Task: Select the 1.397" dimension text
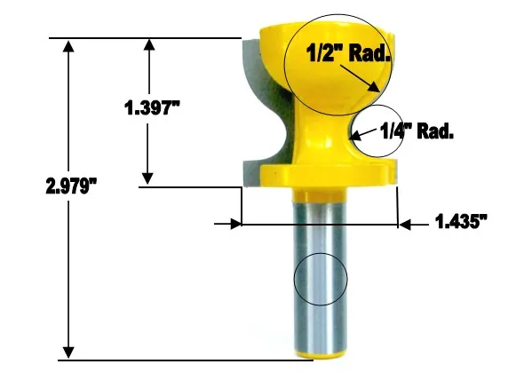tap(152, 109)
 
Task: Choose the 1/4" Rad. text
tap(417, 131)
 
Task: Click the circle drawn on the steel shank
tap(321, 279)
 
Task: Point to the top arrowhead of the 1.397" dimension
tap(149, 45)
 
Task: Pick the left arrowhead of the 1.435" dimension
tap(234, 225)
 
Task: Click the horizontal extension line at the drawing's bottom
tap(178, 360)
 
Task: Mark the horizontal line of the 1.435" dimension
tap(320, 225)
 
